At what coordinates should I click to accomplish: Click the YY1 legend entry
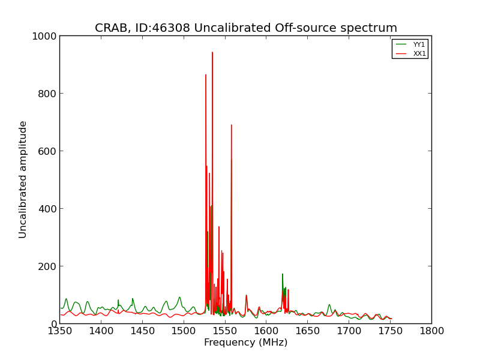coord(410,44)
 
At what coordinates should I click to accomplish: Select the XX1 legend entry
coord(410,53)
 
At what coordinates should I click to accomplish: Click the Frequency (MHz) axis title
coord(246,342)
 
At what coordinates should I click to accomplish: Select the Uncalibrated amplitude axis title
coord(23,179)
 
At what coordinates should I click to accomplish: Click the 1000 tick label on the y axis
coord(44,36)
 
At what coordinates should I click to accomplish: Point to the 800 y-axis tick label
coord(47,94)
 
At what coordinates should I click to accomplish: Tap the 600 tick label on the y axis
coord(47,151)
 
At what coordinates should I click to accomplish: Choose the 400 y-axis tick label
coord(47,209)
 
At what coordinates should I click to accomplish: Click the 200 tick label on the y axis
coord(47,266)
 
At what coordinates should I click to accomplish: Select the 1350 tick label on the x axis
coord(60,331)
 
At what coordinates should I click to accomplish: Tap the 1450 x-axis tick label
coord(143,331)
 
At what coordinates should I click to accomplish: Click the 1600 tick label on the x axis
coord(266,331)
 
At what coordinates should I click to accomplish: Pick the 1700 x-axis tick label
coord(349,331)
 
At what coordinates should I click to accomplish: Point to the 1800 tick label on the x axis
coord(431,331)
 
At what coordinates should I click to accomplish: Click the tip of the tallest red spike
coord(212,52)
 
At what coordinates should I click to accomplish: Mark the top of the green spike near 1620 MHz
coord(283,274)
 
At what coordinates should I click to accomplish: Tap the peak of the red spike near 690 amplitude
coord(232,125)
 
